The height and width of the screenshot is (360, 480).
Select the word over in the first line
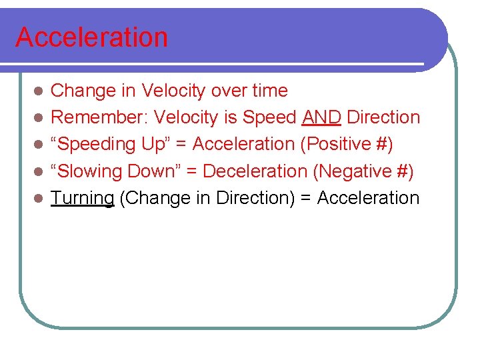click(225, 91)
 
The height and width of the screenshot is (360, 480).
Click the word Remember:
click(100, 117)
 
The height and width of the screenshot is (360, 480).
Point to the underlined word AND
click(322, 117)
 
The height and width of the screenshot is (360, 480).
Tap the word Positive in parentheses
click(342, 144)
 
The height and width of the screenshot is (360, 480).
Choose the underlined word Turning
click(83, 198)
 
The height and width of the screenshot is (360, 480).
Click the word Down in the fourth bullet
click(155, 171)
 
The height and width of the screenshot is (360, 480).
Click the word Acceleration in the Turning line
click(368, 198)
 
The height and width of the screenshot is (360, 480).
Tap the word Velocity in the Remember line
click(187, 117)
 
